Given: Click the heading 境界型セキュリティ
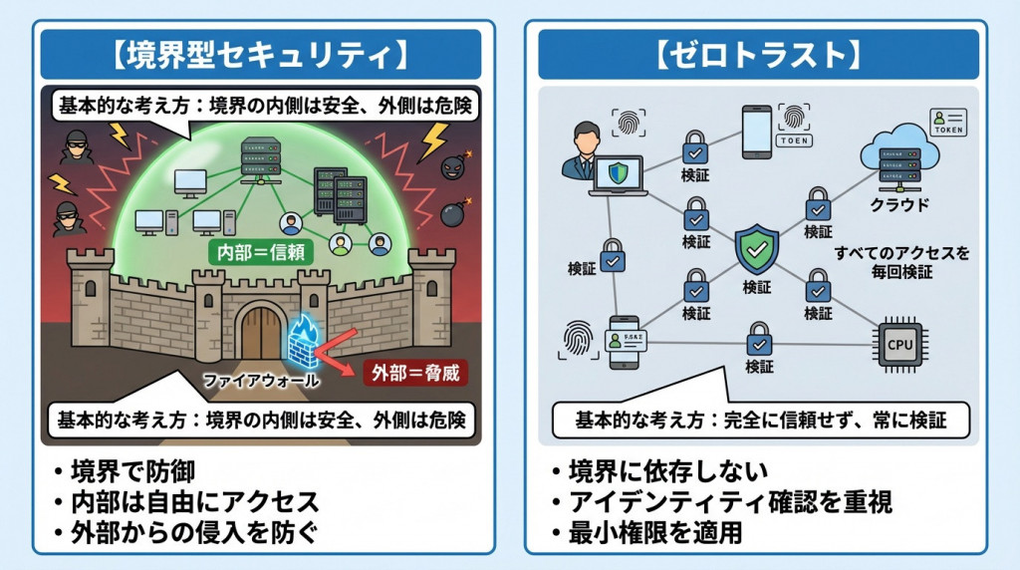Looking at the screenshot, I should coord(261,54).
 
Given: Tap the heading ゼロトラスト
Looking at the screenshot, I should coord(757,54).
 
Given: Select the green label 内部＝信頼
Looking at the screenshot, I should coord(261,251).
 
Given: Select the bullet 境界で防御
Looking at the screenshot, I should coord(139,470).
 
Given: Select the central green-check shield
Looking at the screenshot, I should coord(756,249).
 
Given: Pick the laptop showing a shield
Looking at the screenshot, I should coord(620,174).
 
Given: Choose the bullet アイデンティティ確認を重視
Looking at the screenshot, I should coord(717,501).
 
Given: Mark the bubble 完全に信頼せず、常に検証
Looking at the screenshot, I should coord(759,421).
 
